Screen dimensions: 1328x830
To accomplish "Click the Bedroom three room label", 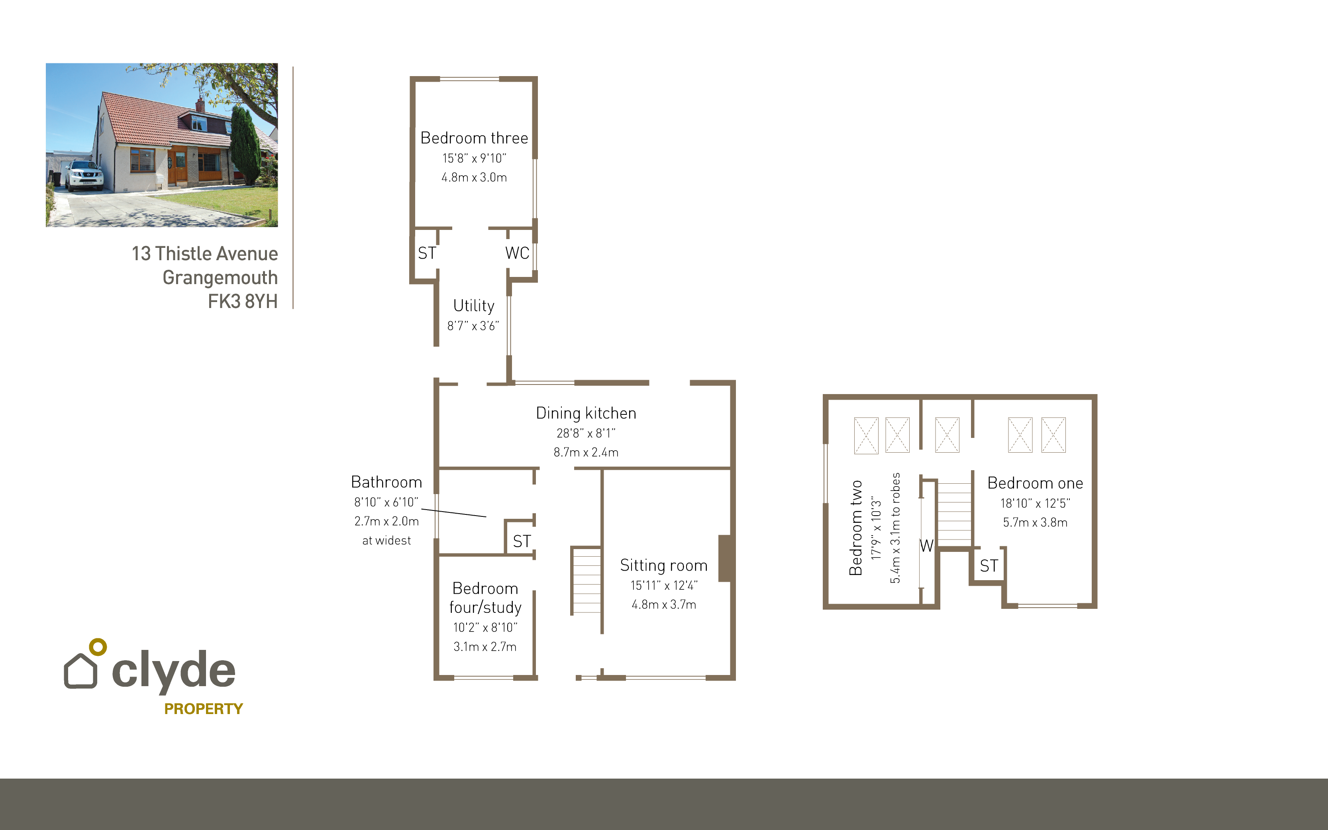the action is click(474, 138).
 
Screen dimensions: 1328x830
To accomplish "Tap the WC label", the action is click(517, 253).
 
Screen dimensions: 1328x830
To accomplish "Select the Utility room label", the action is click(474, 306).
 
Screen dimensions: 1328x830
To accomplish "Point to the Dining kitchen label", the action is click(586, 413).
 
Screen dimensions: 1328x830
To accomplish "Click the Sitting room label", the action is click(663, 565).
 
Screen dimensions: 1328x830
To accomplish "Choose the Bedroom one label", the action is click(1035, 483).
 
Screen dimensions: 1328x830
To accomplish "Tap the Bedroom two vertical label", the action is click(855, 528).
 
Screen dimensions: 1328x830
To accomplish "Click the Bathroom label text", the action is click(386, 482).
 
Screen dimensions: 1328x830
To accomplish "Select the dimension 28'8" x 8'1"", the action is click(586, 433).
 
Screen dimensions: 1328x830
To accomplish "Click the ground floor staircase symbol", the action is click(587, 580).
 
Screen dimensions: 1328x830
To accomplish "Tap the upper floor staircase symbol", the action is click(954, 514).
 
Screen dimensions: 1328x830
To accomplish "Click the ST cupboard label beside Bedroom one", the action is click(989, 566).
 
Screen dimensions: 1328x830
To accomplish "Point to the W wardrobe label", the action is click(926, 545).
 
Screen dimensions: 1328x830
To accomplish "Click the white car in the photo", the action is click(84, 175).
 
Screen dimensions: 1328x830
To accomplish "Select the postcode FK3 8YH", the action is click(243, 301).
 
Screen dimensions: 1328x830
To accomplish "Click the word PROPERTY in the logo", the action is click(204, 709).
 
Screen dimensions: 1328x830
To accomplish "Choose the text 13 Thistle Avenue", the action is click(205, 253).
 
